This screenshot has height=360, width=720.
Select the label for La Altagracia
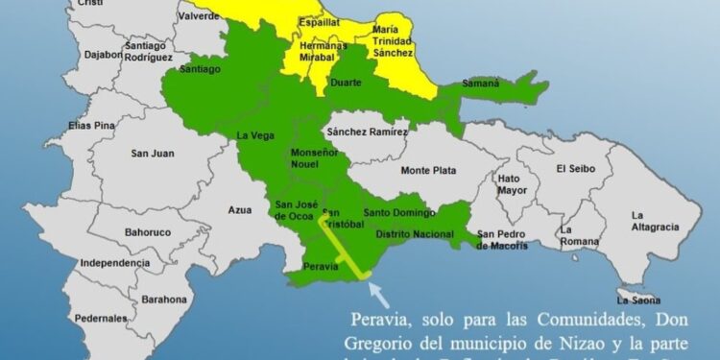[655, 221]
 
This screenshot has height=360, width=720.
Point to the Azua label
[240, 209]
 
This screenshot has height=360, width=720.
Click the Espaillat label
[319, 21]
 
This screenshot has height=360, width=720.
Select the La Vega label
[253, 136]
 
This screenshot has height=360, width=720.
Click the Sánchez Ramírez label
[368, 131]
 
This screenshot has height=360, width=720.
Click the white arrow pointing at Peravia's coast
[381, 287]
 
